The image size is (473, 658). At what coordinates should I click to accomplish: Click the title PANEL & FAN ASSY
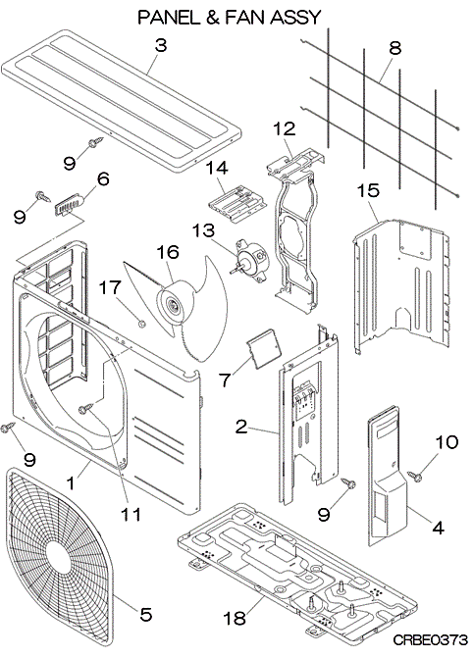tap(230, 18)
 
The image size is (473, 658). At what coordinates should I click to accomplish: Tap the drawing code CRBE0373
tap(431, 640)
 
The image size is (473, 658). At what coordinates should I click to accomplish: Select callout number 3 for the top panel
tap(161, 45)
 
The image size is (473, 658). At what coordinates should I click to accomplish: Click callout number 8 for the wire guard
tap(394, 48)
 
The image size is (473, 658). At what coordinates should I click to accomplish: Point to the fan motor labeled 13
tap(250, 261)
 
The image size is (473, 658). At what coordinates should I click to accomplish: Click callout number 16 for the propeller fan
tap(168, 252)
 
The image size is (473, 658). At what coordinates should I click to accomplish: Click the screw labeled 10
tap(414, 476)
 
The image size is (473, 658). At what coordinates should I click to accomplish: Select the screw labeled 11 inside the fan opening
tap(86, 408)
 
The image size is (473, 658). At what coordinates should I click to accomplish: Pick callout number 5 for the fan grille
tap(145, 615)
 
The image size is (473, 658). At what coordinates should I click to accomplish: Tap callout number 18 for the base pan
tap(234, 618)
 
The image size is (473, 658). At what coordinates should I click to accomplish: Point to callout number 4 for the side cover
tap(438, 528)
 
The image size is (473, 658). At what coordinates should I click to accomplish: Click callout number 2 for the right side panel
tap(241, 428)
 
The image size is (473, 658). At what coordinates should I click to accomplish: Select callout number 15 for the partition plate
tap(368, 190)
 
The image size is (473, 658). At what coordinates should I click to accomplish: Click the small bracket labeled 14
tap(237, 204)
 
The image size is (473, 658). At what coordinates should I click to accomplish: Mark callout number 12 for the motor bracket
tap(285, 128)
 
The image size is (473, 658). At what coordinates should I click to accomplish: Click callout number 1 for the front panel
tap(71, 482)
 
